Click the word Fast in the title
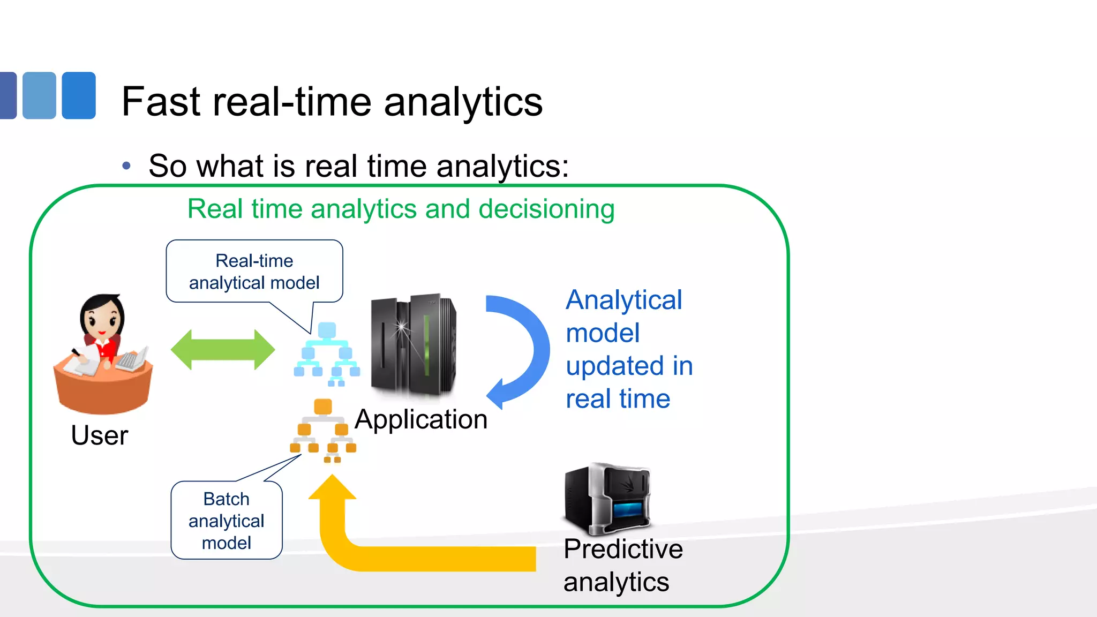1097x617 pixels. coord(161,101)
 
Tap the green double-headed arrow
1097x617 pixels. coord(222,350)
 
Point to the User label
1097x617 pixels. coord(100,435)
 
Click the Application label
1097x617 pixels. coord(421,419)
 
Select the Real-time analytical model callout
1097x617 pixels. coord(254,272)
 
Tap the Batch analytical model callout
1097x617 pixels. coord(226,521)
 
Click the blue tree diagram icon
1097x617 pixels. coord(327,353)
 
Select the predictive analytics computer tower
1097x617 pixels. coord(607,499)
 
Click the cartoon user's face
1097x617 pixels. coord(102,319)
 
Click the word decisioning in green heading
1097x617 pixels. coord(546,209)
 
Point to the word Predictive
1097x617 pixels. coord(623,549)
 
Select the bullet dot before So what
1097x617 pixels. coord(126,166)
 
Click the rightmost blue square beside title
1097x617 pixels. coord(79,95)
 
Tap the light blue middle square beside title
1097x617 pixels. coord(39,95)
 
